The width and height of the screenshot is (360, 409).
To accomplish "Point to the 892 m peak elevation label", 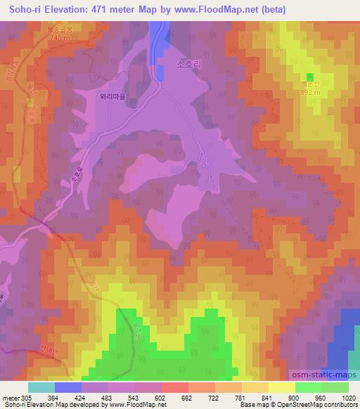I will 311,91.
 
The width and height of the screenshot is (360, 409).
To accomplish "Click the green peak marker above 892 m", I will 309,76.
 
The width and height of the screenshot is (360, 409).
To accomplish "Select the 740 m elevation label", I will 60,39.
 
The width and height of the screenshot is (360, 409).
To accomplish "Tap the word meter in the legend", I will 12,397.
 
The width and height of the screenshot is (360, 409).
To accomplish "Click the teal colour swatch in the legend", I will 41,387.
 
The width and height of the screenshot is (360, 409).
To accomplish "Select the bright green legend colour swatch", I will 308,387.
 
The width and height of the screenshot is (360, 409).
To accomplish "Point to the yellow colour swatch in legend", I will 281,387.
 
